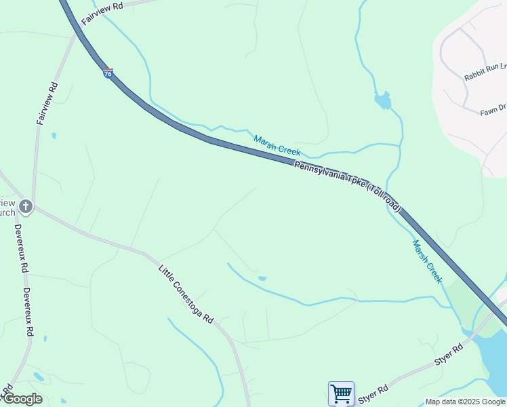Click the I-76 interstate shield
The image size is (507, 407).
(108, 73)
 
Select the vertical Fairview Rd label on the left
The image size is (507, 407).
(47, 103)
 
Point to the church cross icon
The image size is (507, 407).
(25, 205)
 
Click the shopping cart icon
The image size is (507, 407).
(341, 393)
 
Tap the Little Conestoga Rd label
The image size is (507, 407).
(186, 294)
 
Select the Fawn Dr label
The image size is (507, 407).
(493, 108)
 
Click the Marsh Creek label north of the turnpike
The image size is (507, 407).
(277, 145)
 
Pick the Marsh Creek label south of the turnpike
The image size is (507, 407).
(427, 261)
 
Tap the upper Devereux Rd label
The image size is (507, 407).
(21, 248)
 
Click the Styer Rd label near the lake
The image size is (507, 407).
(449, 356)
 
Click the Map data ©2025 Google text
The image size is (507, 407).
(465, 402)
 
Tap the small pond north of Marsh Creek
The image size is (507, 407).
(383, 100)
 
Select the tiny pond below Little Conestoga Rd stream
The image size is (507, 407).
(262, 278)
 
